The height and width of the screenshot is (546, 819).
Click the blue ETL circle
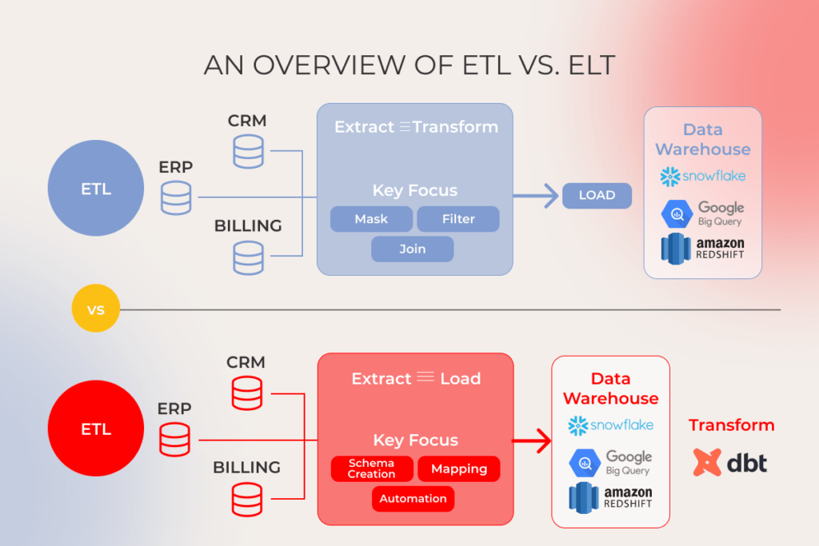[x=95, y=189]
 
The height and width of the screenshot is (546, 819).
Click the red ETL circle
[x=95, y=428]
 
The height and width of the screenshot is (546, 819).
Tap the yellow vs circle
[x=95, y=309]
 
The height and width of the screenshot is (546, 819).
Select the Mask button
[x=371, y=219]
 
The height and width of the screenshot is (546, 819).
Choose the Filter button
[x=458, y=219]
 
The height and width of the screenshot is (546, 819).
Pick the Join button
[x=412, y=249]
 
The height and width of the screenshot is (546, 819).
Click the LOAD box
[x=597, y=195]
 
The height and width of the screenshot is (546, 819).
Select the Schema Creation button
[x=371, y=468]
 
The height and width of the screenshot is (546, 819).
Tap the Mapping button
[x=458, y=468]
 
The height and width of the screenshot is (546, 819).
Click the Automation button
[x=413, y=499]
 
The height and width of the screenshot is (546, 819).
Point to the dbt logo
[x=729, y=462]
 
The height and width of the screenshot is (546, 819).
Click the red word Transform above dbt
[x=731, y=425]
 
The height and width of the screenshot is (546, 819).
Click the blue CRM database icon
[x=248, y=151]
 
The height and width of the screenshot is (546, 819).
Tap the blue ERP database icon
[x=176, y=197]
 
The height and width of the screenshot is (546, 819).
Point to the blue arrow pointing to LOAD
[x=537, y=195]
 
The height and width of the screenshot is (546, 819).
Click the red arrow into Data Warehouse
[x=533, y=440]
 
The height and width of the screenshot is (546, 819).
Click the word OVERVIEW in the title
[x=334, y=65]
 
